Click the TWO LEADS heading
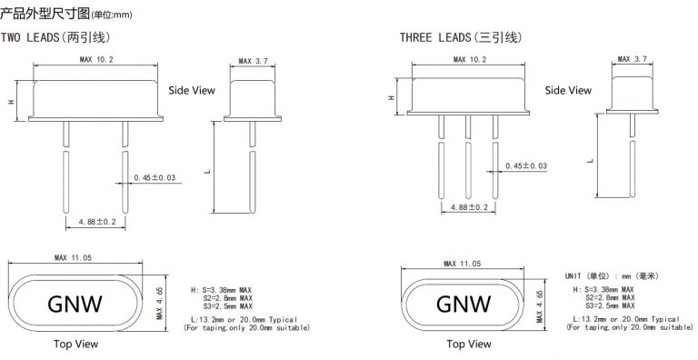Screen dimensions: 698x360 pos(55,37)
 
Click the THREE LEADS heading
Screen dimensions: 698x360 pos(461,37)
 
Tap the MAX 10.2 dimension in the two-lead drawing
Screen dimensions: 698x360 pos(96,59)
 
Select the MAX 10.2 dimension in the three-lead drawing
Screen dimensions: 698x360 pos(470,59)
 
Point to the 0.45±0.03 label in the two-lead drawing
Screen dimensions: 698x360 pos(155,178)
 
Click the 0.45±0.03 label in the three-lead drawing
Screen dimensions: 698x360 pos(525,166)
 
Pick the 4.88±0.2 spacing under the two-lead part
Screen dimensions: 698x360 pos(96,222)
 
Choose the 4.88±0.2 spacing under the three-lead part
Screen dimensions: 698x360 pos(469,207)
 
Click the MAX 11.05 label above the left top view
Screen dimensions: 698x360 pos(73,257)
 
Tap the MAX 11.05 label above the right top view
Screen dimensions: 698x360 pos(462,264)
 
